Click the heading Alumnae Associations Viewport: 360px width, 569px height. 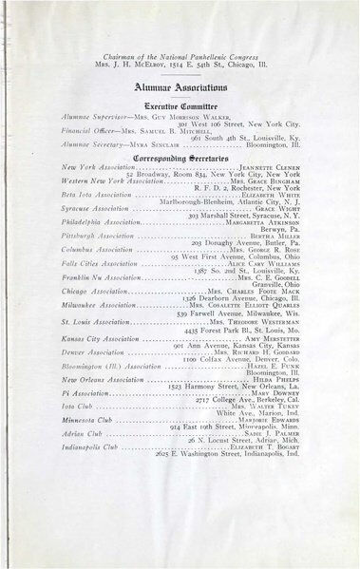point(180,85)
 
